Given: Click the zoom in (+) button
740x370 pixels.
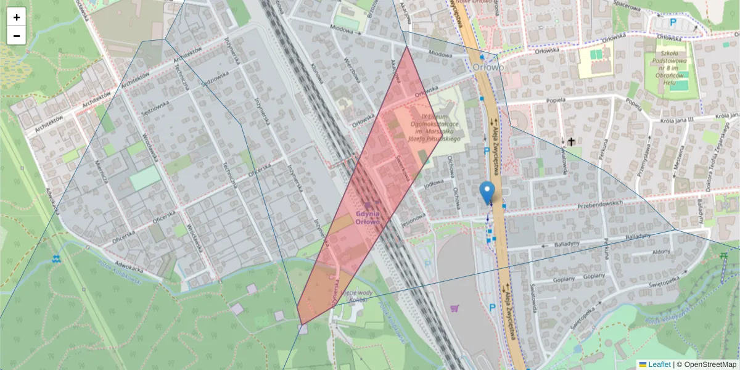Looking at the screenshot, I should (x=17, y=17).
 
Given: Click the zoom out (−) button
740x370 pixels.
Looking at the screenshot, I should (x=17, y=36).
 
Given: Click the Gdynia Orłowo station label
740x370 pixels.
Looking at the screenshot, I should (x=368, y=217).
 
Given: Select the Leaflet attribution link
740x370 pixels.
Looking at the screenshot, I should (x=658, y=364).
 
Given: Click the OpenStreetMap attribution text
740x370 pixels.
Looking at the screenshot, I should (x=709, y=364).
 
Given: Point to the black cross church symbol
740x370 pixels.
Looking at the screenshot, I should (x=571, y=142).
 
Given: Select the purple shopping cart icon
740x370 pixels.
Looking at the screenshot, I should (x=455, y=308).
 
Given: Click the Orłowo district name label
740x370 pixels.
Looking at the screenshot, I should (x=490, y=67).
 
